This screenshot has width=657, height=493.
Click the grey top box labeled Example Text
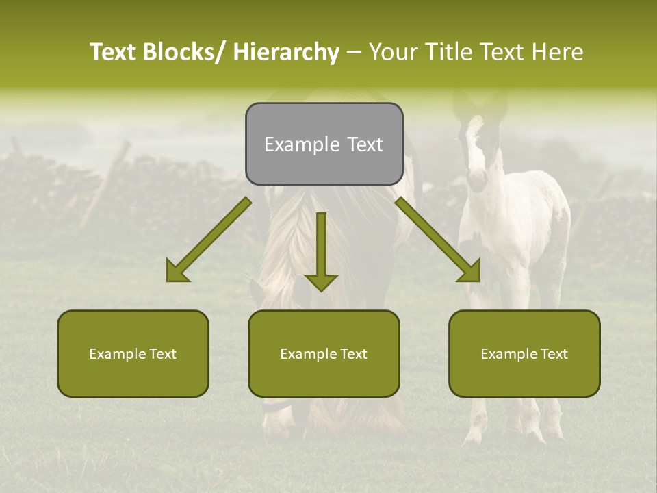click(324, 144)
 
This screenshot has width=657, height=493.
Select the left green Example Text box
click(133, 353)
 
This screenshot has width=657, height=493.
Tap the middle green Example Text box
click(324, 353)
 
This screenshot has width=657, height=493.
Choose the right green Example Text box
click(524, 353)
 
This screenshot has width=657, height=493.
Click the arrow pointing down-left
click(209, 240)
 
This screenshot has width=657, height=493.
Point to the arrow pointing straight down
click(321, 251)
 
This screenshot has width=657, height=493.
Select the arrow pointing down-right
click(438, 240)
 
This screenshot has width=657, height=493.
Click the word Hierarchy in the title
click(286, 52)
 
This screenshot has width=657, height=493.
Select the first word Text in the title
click(114, 52)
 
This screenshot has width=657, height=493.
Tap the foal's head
click(478, 151)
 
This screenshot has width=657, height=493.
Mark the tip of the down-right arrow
click(479, 281)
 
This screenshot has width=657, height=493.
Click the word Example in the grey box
click(301, 144)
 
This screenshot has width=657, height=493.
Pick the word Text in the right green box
click(554, 353)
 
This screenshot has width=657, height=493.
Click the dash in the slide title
click(355, 52)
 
